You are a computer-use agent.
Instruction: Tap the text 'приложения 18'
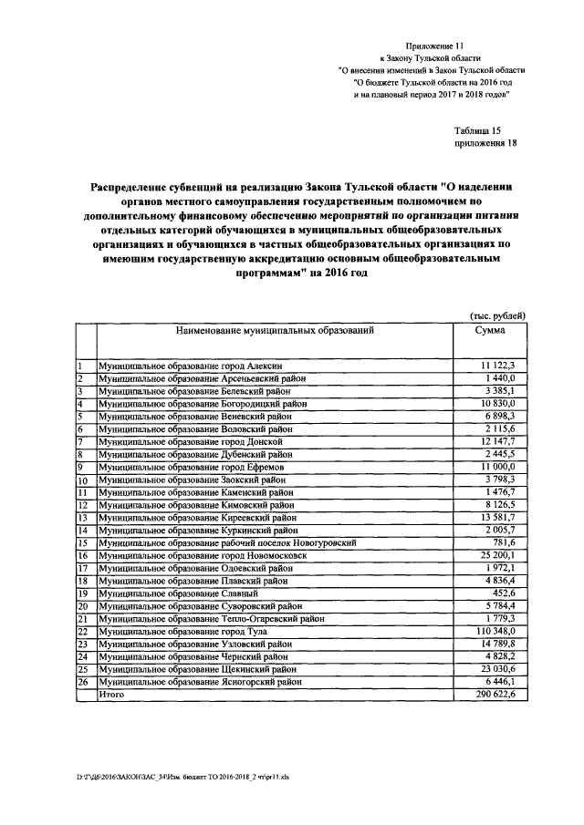tap(485, 143)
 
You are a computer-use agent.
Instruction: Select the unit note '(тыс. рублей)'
tap(497, 315)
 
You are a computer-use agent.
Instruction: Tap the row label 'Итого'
tap(111, 694)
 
